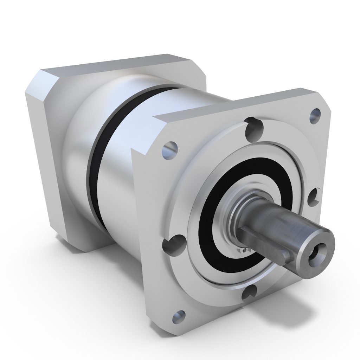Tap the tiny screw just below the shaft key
tap(243, 250)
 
